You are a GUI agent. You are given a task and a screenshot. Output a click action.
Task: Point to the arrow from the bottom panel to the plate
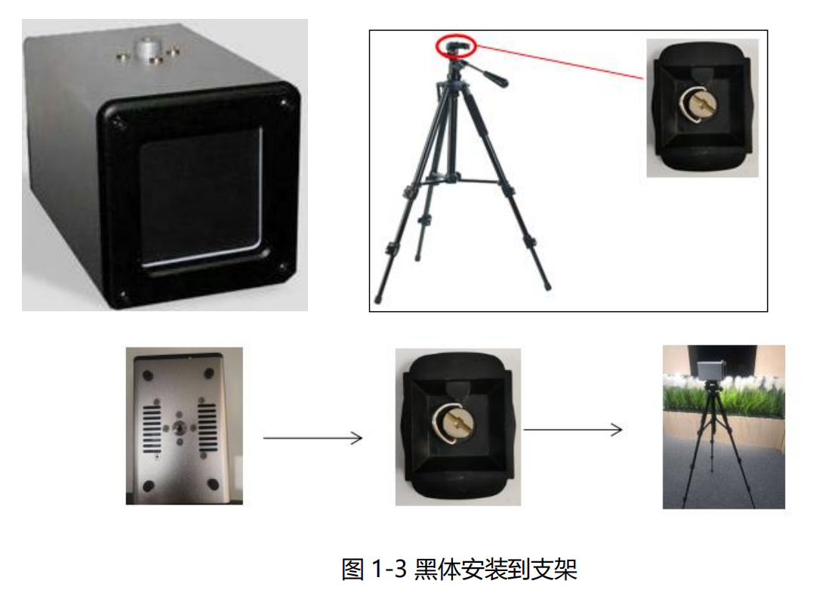pyautogui.click(x=313, y=437)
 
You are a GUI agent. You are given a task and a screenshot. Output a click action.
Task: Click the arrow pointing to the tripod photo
pyautogui.click(x=573, y=430)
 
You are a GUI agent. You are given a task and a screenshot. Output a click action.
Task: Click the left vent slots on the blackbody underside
pyautogui.click(x=152, y=427)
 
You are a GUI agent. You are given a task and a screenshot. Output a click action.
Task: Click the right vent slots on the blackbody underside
pyautogui.click(x=205, y=426)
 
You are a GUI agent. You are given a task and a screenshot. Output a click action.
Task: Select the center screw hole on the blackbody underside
pyautogui.click(x=179, y=427)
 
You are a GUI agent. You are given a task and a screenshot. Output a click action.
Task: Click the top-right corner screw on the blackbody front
pyautogui.click(x=283, y=102)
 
